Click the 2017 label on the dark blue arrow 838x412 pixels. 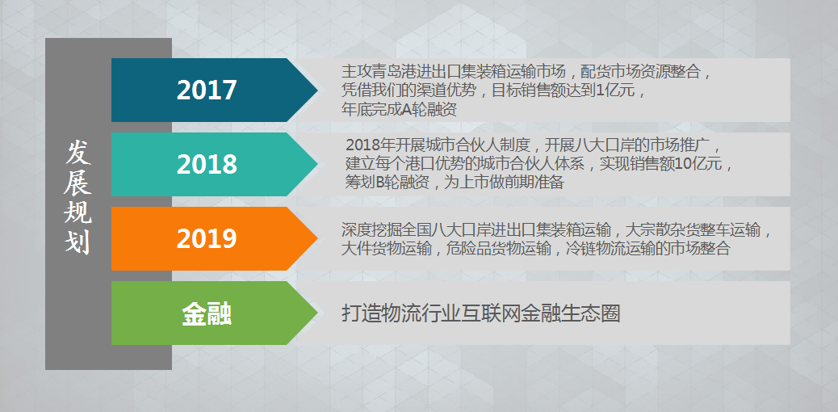[x=207, y=90]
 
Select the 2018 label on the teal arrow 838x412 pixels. [x=207, y=165]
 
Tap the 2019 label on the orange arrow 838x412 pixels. [x=207, y=238]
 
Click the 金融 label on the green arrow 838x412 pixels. [x=207, y=314]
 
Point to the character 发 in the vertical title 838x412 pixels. [x=78, y=154]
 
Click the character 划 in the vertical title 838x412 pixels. [x=78, y=242]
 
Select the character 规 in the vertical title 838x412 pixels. [x=78, y=213]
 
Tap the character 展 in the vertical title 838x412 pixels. [x=78, y=183]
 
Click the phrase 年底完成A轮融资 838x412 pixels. [x=399, y=109]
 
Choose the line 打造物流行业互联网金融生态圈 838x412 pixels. [x=480, y=313]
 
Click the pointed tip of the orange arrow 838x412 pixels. [x=317, y=238]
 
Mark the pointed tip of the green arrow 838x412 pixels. [x=317, y=313]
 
